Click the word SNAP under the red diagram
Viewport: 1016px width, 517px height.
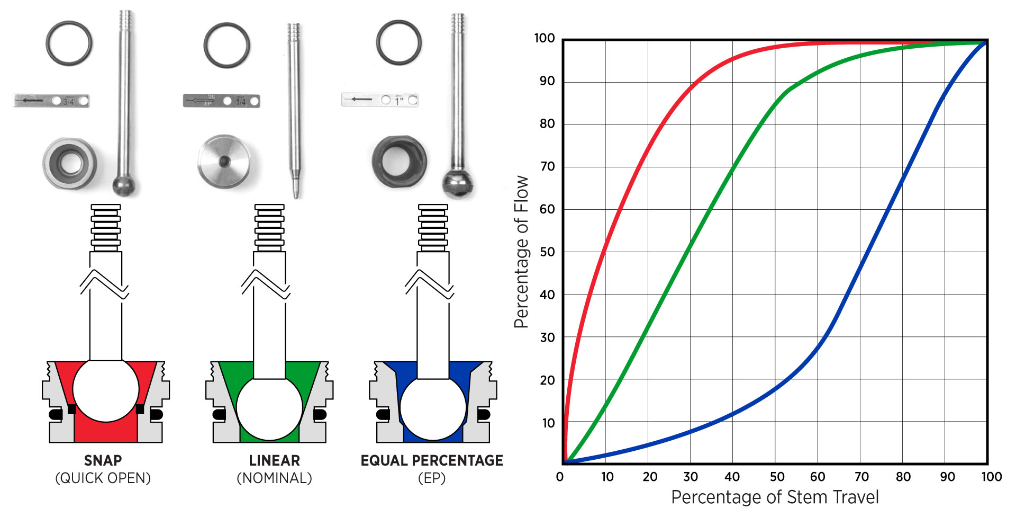pyautogui.click(x=103, y=460)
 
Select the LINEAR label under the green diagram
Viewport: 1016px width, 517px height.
pyautogui.click(x=274, y=460)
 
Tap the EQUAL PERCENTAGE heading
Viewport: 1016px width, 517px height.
pyautogui.click(x=432, y=460)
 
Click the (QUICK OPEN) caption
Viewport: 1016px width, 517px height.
pyautogui.click(x=103, y=478)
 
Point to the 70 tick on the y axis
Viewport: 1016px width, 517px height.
pyautogui.click(x=547, y=166)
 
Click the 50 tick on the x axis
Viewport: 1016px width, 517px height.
pyautogui.click(x=777, y=477)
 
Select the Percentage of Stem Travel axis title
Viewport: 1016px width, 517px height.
pyautogui.click(x=775, y=497)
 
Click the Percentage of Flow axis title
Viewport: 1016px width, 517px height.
pyautogui.click(x=521, y=252)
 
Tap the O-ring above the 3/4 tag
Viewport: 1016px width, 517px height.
pyautogui.click(x=69, y=43)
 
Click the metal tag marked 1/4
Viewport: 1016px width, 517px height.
pyautogui.click(x=221, y=101)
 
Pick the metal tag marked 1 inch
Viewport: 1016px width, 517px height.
pyautogui.click(x=379, y=100)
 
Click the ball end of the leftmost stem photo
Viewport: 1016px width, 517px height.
pyautogui.click(x=123, y=186)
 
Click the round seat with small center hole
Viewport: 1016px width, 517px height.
pyautogui.click(x=224, y=161)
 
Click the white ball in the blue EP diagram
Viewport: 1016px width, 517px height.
pyautogui.click(x=433, y=408)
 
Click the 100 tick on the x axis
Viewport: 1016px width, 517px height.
pyautogui.click(x=991, y=477)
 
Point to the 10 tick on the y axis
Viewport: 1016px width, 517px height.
pyautogui.click(x=548, y=423)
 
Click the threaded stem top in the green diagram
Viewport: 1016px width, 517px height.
pyautogui.click(x=269, y=228)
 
